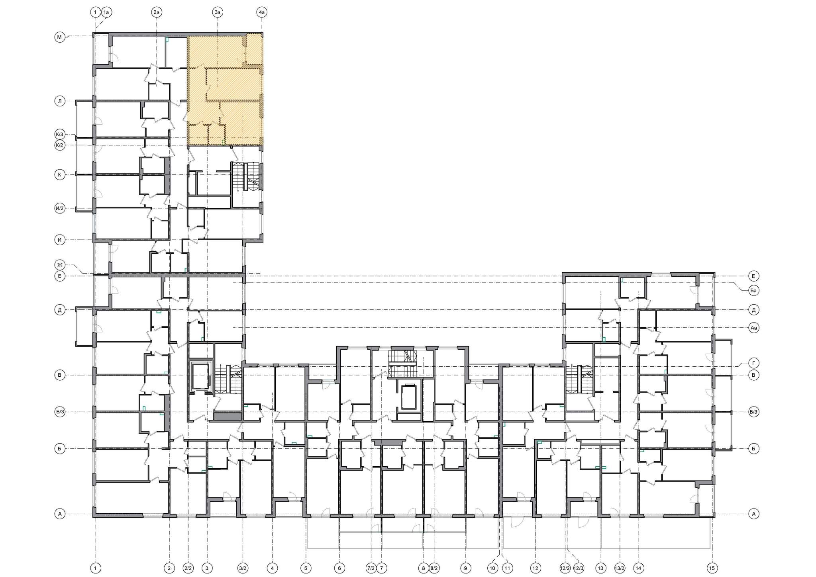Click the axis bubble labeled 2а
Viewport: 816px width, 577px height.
coord(157,13)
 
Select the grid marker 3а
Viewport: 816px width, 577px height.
coord(217,13)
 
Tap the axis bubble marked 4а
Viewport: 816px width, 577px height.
coord(262,13)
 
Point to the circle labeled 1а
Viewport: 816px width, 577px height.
coord(106,13)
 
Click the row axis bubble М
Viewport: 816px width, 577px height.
coord(60,37)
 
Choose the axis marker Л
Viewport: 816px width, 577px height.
coord(60,101)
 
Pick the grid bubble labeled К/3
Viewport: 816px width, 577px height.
coord(60,134)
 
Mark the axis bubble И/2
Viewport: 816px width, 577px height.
coord(60,208)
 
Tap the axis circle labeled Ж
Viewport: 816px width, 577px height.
coord(60,265)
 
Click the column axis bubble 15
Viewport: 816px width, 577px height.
coord(712,568)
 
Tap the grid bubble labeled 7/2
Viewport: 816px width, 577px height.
coord(371,568)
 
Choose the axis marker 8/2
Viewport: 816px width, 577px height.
coord(434,568)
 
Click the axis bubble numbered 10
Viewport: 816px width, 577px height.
coord(492,568)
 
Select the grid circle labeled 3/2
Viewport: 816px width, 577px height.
coord(243,568)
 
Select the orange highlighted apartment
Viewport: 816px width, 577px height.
coord(225,90)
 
